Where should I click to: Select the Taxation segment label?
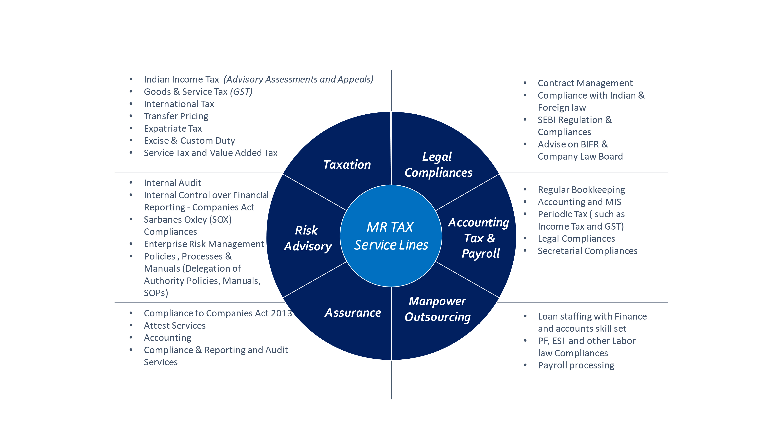coord(347,165)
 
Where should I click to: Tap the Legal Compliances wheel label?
coord(438,165)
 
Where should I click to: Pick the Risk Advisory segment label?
coord(308,238)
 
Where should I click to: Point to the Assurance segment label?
coord(353,313)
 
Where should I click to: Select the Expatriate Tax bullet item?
coord(173,128)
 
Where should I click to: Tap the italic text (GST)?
coord(241,92)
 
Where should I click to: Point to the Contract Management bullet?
coord(585,83)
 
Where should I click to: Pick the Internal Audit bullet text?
coord(172,183)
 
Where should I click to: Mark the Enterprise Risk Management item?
coord(204,244)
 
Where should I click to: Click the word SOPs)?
coord(156,293)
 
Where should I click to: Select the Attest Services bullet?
coord(175,326)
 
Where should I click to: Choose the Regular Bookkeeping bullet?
coord(581,190)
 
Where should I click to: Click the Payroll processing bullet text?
coord(576,365)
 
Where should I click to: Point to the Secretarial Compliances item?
coord(587,251)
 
